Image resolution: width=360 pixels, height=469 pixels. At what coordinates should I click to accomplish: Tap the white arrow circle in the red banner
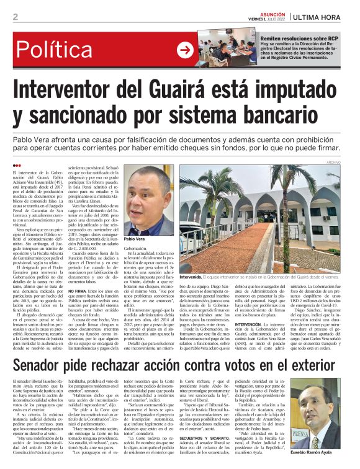point(185,50)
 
